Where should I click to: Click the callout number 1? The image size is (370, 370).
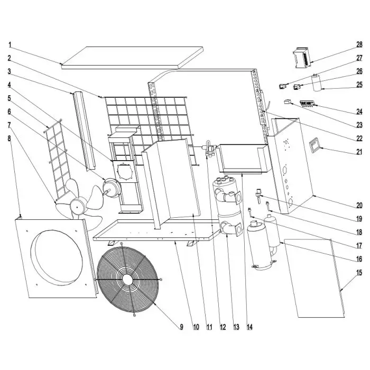click(10, 44)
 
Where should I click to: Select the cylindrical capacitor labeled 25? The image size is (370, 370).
click(318, 84)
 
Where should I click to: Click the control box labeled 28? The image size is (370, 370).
click(304, 58)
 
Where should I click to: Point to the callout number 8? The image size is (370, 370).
click(10, 139)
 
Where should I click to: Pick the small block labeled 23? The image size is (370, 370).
click(288, 102)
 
